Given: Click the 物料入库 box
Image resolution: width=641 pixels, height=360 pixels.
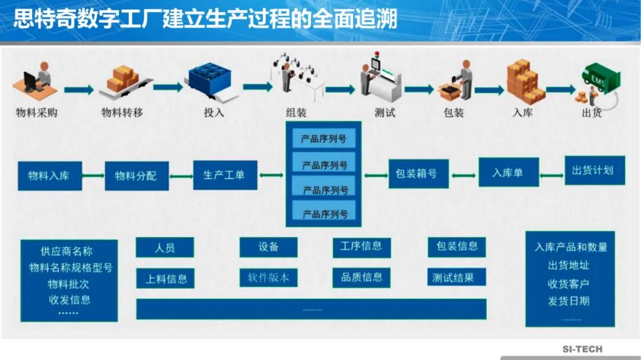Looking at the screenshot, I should (49, 176).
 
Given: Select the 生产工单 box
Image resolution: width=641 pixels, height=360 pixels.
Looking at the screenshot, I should (225, 175).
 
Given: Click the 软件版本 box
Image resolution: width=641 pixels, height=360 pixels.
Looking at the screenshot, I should (268, 278).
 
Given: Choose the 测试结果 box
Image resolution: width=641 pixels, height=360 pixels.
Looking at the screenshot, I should (456, 278).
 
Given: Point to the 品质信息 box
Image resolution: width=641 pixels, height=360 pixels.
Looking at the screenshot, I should (361, 277).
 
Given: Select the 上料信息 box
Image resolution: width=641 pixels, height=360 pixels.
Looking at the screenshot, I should (165, 278).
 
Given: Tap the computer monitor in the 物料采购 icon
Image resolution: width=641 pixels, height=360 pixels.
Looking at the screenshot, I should (30, 81).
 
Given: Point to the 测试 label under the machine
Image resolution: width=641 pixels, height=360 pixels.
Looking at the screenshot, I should (384, 112).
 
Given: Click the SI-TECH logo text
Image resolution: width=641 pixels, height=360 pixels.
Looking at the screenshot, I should (582, 349).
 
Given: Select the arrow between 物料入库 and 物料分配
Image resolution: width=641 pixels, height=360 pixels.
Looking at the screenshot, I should (93, 176).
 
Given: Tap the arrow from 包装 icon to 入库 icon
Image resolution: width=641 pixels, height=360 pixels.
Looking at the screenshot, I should (489, 91).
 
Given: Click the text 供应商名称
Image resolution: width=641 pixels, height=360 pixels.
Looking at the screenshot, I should (66, 251).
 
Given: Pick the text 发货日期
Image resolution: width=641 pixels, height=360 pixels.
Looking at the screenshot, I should (568, 301).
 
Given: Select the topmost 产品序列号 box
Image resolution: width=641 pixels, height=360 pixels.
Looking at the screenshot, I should (323, 139).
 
